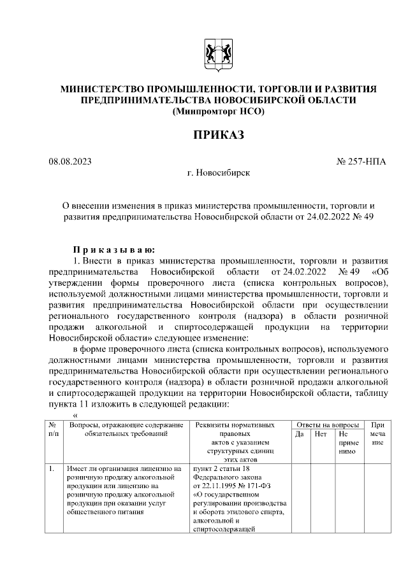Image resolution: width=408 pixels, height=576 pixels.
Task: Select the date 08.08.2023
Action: pyautogui.click(x=70, y=162)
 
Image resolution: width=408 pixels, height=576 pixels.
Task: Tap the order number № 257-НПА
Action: pyautogui.click(x=361, y=162)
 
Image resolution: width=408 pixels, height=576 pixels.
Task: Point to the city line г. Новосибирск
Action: pyautogui.click(x=218, y=172)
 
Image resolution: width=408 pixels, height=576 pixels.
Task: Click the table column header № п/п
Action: pyautogui.click(x=52, y=429)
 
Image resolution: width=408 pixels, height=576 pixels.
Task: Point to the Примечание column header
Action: pyautogui.click(x=377, y=433)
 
